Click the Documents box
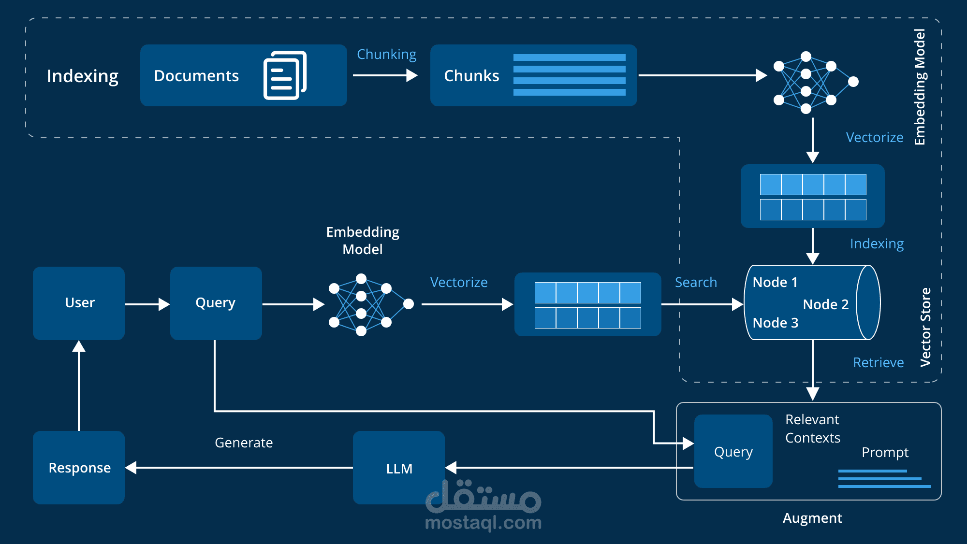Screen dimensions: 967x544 (243, 75)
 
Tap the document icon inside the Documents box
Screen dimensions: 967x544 (285, 75)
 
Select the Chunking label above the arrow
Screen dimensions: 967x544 (386, 55)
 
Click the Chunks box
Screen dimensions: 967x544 (533, 75)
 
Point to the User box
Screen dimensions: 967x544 (79, 303)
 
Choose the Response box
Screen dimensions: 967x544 (79, 467)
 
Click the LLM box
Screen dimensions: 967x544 (399, 467)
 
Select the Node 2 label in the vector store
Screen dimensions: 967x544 (826, 304)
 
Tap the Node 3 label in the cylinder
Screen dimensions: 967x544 (776, 323)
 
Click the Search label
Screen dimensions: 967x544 (696, 282)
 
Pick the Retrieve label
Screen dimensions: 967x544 (878, 362)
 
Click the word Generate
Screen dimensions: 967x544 (244, 443)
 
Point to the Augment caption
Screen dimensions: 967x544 (812, 518)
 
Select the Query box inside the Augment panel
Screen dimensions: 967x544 (733, 451)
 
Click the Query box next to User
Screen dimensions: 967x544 (216, 303)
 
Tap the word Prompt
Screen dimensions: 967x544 (885, 453)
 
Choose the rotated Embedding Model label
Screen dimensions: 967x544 (920, 87)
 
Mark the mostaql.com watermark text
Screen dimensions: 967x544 (483, 523)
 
